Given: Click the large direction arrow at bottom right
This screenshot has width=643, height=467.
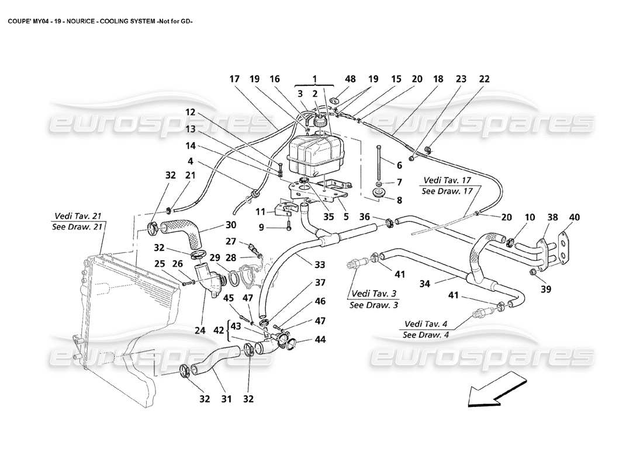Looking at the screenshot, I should [x=493, y=389].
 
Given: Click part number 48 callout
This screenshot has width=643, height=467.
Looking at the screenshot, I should [x=334, y=79].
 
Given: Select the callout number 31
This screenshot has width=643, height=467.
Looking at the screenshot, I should [x=226, y=399].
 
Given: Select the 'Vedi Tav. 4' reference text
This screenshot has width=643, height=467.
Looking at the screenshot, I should [x=427, y=324].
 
